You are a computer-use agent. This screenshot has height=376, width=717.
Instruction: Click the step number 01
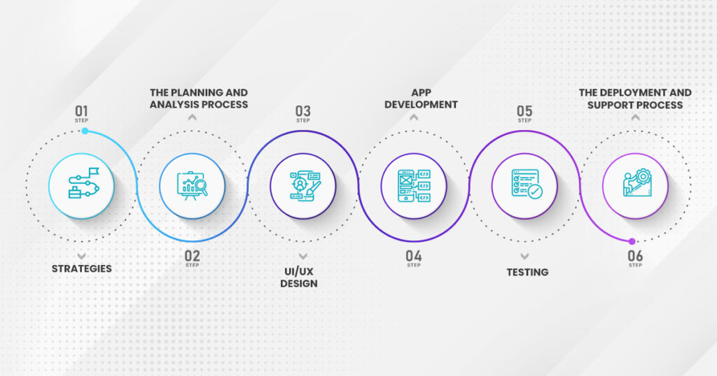[81, 111]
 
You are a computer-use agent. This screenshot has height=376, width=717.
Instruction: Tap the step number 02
[193, 256]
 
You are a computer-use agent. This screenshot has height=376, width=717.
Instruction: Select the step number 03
[302, 111]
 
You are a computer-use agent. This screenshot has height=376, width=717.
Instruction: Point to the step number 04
[414, 256]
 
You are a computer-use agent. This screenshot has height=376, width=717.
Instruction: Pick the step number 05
[524, 111]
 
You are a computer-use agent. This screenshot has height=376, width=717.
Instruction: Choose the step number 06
[635, 256]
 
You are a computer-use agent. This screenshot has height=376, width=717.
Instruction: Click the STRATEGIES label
[81, 269]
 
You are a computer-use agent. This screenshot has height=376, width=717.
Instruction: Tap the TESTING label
[527, 273]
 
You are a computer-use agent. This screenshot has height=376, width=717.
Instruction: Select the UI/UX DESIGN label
[299, 277]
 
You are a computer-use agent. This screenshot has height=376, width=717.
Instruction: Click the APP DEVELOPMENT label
[421, 99]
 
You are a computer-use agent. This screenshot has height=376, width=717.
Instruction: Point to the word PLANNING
[197, 93]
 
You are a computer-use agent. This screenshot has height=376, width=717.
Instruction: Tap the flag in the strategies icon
[94, 172]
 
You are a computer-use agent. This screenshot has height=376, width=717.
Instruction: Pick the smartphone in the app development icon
[405, 186]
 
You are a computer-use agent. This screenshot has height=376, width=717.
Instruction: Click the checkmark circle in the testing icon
[535, 191]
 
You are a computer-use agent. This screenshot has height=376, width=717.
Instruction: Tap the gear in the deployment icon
[643, 175]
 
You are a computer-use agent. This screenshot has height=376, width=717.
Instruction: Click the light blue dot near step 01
[85, 131]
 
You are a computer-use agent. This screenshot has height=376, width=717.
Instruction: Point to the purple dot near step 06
[632, 241]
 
